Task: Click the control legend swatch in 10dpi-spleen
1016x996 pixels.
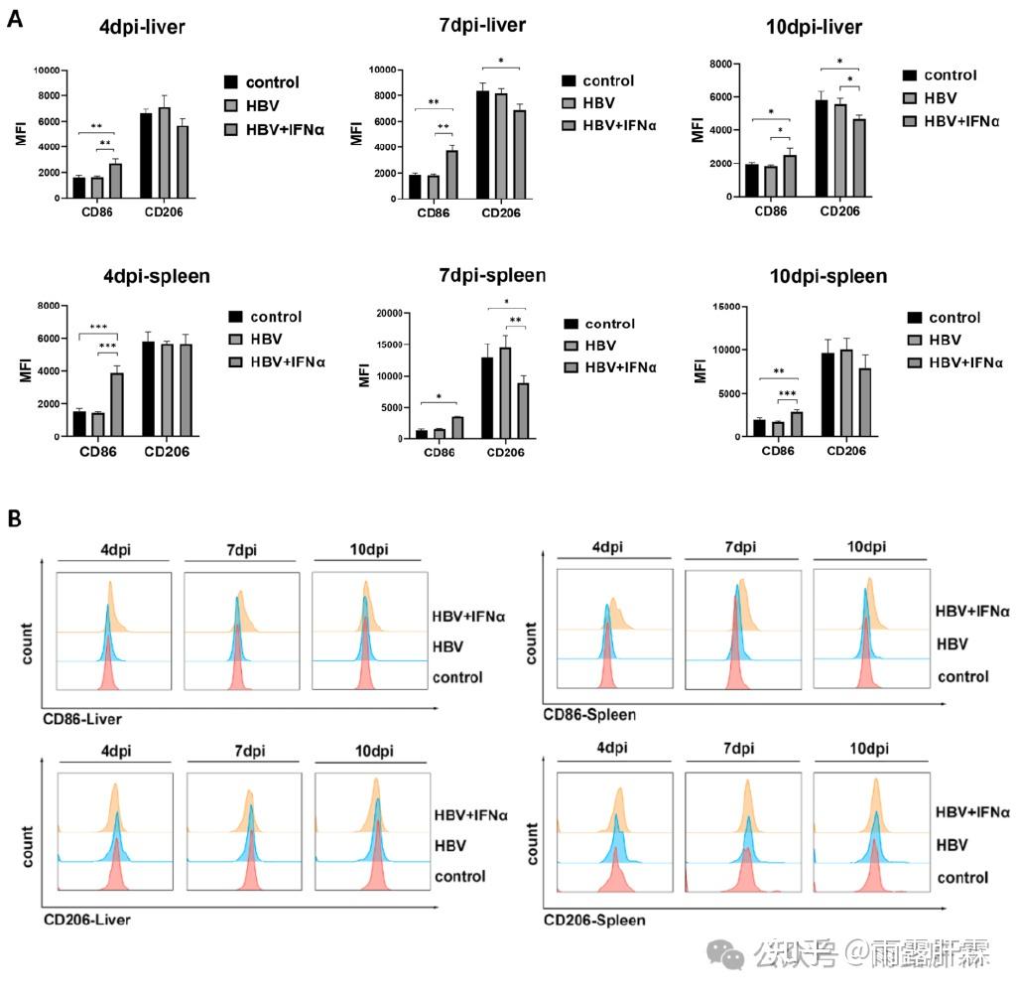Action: point(913,318)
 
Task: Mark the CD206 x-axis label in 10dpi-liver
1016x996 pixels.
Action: point(838,211)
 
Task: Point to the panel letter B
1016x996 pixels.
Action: point(15,518)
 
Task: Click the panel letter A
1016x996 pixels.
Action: point(15,19)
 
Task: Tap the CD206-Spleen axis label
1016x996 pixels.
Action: point(594,920)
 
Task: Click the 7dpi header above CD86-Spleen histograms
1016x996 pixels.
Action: point(739,548)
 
